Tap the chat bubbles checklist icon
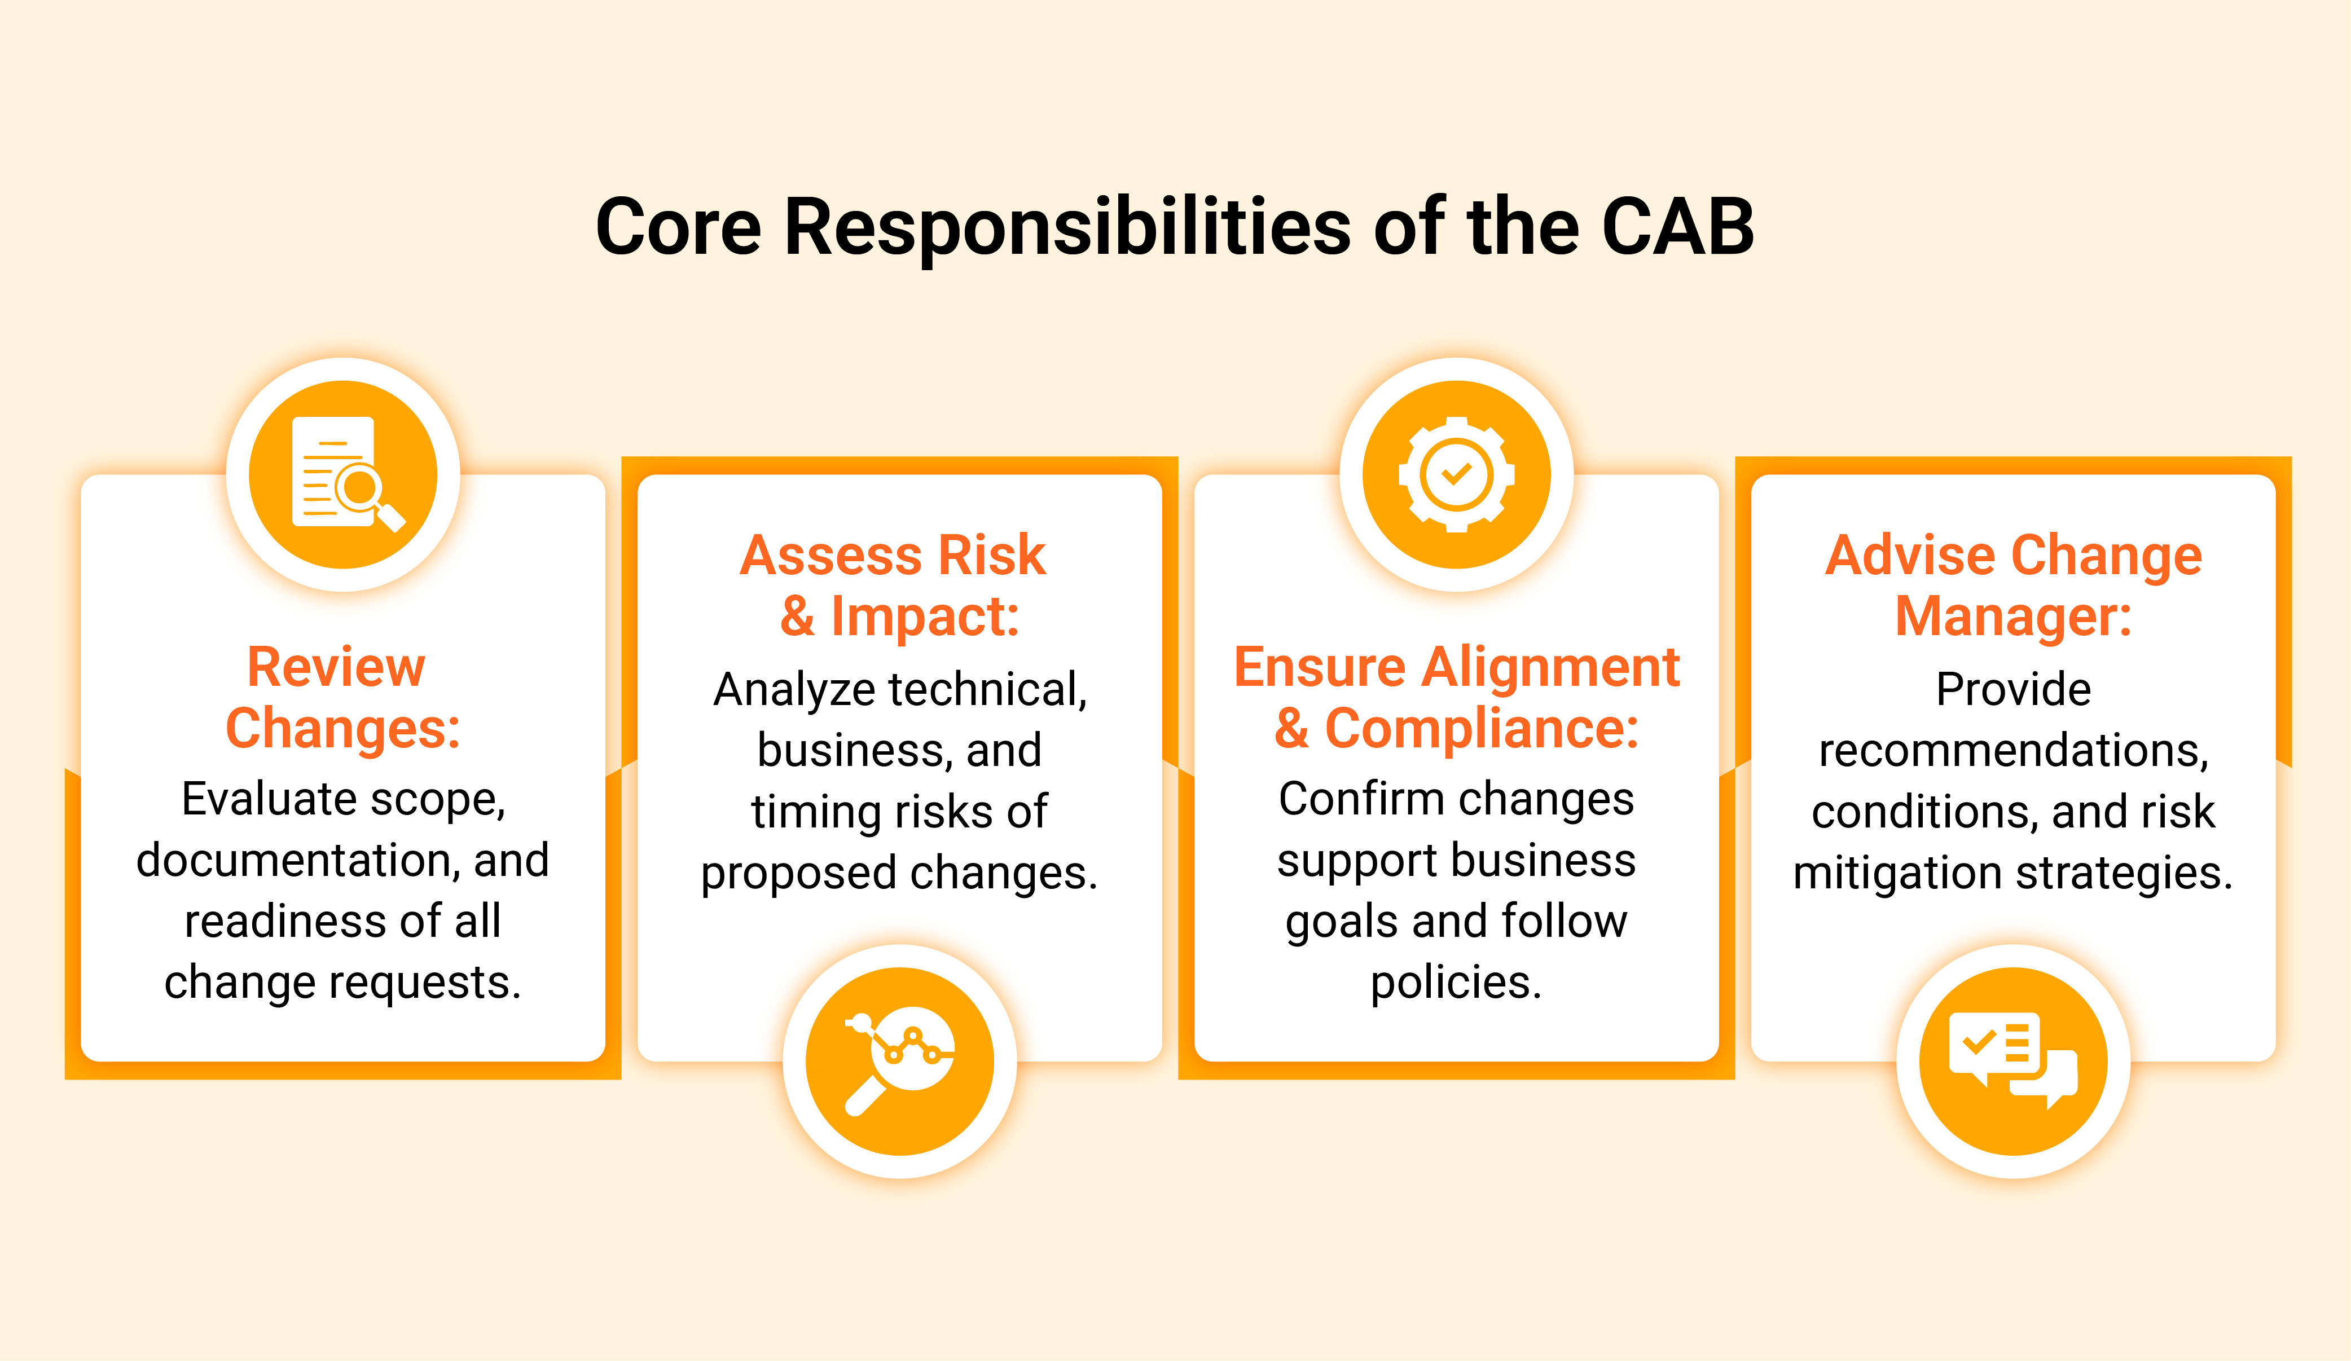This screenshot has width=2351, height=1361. pos(2013,1060)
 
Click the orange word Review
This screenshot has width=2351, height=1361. pos(336,667)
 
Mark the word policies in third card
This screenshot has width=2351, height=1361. pos(1456,983)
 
